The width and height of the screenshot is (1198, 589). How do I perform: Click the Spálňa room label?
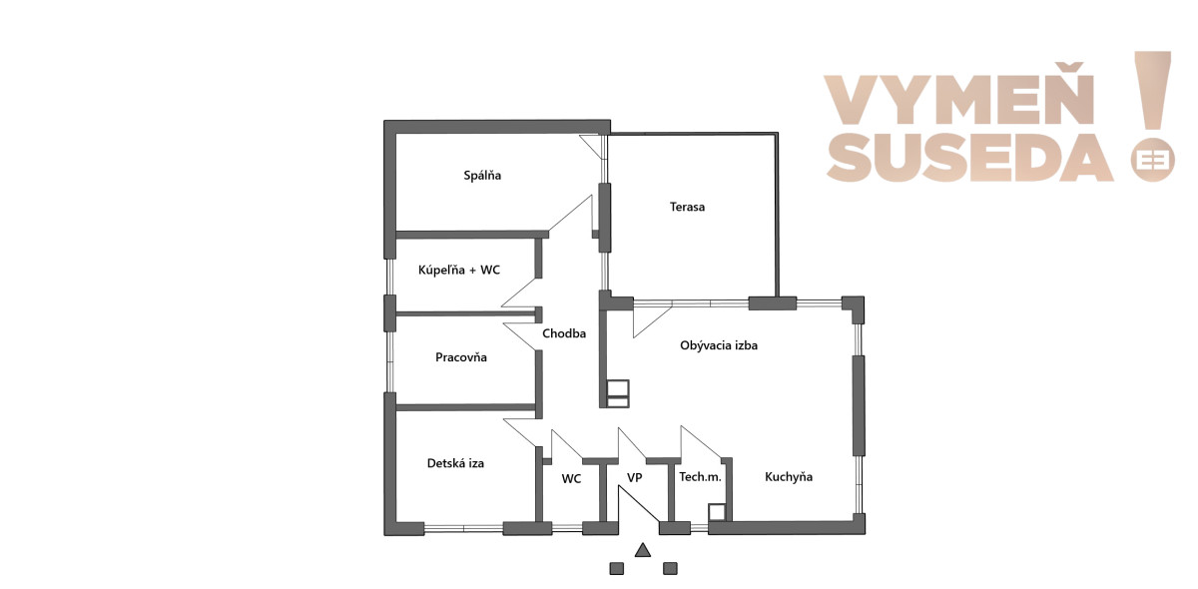(x=482, y=175)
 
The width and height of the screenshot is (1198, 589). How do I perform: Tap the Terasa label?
(x=687, y=207)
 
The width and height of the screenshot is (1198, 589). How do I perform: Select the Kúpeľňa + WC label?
(x=459, y=270)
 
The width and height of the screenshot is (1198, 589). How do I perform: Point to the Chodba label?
(x=564, y=333)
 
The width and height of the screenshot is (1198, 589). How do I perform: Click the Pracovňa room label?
(x=461, y=356)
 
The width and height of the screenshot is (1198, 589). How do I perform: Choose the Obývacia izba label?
(x=719, y=345)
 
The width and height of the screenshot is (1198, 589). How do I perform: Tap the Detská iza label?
(x=455, y=463)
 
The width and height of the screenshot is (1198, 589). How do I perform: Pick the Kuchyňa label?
(x=789, y=476)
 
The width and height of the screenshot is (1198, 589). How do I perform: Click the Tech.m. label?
(x=700, y=476)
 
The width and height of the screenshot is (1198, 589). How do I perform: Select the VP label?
(x=634, y=478)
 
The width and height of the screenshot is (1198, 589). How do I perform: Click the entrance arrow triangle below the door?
(x=643, y=550)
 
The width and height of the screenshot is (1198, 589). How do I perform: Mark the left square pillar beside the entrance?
(x=617, y=568)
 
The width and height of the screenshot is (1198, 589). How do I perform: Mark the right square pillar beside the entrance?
(x=670, y=568)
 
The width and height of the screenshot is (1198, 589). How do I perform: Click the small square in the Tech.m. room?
(x=717, y=512)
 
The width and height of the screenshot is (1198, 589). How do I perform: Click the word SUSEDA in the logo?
(x=969, y=159)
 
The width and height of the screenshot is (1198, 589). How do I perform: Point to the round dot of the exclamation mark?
(x=1152, y=161)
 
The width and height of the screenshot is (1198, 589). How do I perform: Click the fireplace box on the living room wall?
(x=618, y=393)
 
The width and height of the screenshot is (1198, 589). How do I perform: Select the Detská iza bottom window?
(x=463, y=528)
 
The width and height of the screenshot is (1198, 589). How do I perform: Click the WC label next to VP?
(x=571, y=479)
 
